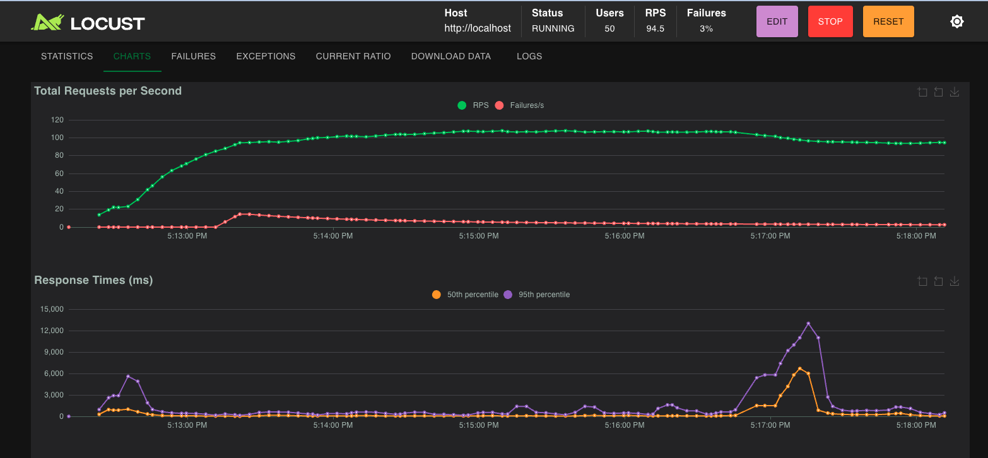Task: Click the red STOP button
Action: pos(830,21)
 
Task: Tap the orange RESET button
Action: pos(888,21)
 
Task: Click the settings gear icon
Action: pos(956,21)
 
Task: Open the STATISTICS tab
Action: pos(67,56)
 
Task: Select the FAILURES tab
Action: pos(193,56)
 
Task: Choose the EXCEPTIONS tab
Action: pos(266,56)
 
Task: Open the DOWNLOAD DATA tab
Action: pos(450,56)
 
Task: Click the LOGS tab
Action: pos(529,56)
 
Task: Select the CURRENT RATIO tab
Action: pos(353,56)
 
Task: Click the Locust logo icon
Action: pos(48,23)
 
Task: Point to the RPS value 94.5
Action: pos(655,28)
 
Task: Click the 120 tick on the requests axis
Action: pos(57,120)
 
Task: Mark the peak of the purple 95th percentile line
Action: pos(808,324)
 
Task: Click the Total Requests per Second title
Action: pos(108,91)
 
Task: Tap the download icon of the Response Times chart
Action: pos(955,281)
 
